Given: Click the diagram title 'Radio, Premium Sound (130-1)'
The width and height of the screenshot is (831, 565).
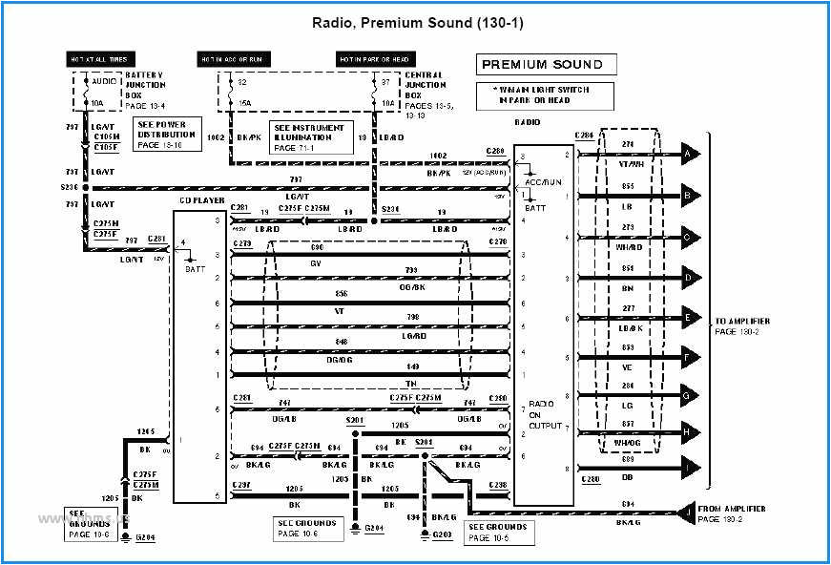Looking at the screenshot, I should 416,23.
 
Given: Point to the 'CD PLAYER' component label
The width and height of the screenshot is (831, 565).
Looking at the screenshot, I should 202,201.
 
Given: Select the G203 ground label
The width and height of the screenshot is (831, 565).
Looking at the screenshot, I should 442,534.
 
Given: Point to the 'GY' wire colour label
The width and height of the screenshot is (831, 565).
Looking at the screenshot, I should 316,263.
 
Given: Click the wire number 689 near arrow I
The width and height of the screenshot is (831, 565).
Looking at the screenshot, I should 626,459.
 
